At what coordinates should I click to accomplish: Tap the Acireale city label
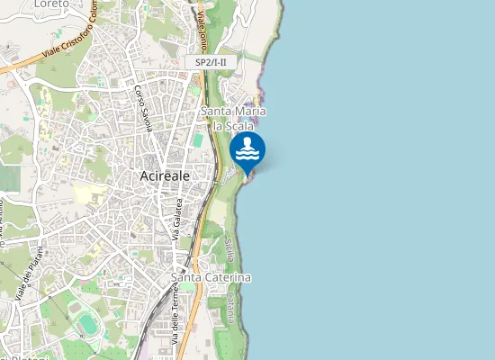(166, 176)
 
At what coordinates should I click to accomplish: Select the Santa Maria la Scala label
(232, 118)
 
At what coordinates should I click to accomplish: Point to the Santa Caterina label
(211, 278)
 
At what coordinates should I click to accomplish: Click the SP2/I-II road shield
(211, 61)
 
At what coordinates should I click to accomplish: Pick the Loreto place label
(50, 4)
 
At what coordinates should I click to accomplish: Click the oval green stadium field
(87, 322)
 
